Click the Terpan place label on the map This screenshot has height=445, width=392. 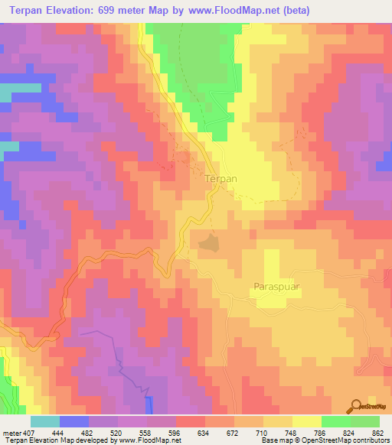coord(222,178)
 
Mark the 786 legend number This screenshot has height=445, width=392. coord(319,433)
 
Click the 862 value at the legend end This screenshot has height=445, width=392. coord(377,433)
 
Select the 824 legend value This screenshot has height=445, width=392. coord(348,433)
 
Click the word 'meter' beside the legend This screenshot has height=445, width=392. coord(11,433)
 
